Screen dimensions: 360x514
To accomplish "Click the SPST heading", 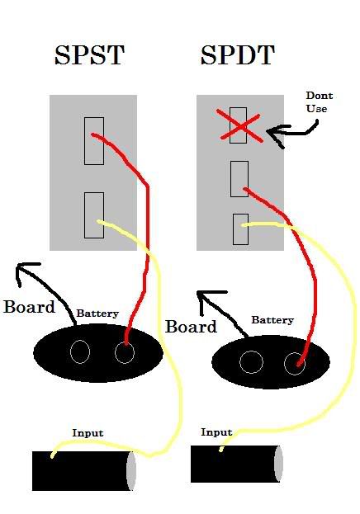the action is click(90, 54).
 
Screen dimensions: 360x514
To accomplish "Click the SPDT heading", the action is click(237, 54).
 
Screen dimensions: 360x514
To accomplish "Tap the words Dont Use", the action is click(320, 102).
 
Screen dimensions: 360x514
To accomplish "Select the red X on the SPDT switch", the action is click(240, 126).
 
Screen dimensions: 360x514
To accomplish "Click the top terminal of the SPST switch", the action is click(94, 141).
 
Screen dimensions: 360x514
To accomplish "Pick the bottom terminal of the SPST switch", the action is click(94, 215).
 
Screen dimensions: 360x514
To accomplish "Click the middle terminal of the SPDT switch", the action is click(239, 179).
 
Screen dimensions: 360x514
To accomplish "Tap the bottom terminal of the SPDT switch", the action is click(240, 229).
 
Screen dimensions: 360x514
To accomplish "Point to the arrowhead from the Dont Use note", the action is click(275, 134).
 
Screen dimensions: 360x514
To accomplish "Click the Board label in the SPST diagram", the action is click(29, 307).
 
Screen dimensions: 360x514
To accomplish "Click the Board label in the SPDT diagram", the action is click(191, 327).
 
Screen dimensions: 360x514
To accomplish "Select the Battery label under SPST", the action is click(97, 314).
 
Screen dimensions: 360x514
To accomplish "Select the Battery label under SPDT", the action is click(272, 320).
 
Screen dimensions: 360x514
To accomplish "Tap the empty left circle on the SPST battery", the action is click(80, 351).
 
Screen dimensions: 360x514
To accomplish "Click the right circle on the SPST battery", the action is click(125, 353).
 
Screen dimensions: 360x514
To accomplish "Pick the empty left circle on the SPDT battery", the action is click(251, 362).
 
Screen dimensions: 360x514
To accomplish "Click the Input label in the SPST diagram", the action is click(88, 433).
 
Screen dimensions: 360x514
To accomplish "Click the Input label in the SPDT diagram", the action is click(216, 432).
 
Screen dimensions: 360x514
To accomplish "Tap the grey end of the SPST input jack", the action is click(131, 471).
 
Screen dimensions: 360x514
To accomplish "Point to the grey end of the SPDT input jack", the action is click(278, 464).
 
